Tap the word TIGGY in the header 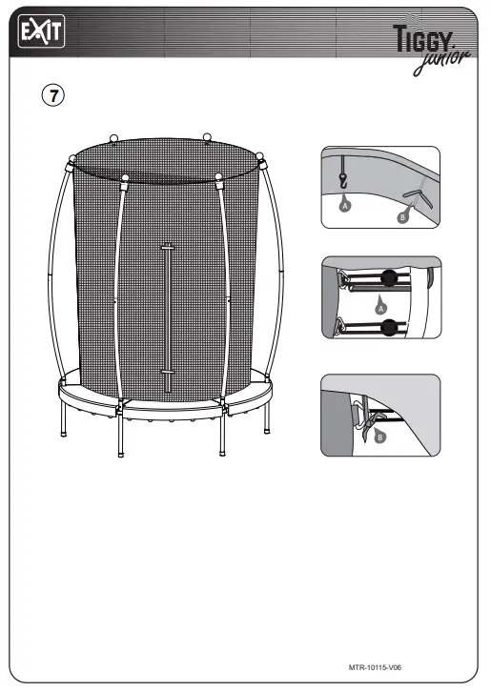pos(430,37)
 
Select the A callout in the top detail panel pos(344,204)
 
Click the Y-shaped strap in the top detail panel pos(415,194)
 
